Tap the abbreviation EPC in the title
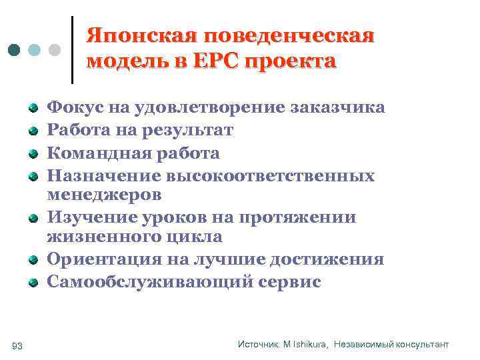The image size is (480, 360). [x=215, y=61]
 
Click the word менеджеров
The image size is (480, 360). [x=104, y=195]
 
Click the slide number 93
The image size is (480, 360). [x=17, y=345]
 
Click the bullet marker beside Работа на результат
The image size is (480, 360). [x=33, y=131]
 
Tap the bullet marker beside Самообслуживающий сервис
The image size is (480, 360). [x=33, y=283]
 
